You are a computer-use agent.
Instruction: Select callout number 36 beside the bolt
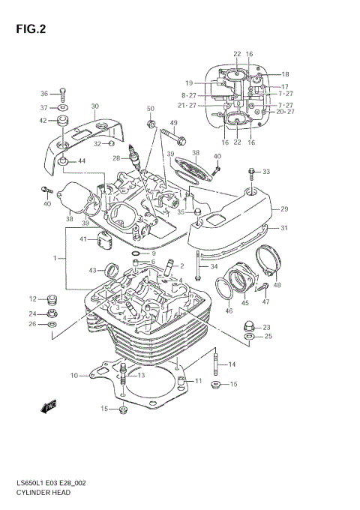click(43, 94)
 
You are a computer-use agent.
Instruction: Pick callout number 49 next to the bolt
click(173, 123)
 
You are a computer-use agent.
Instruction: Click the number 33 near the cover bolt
click(265, 172)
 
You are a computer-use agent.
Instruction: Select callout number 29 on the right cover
click(283, 209)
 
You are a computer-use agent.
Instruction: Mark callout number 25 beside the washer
click(267, 337)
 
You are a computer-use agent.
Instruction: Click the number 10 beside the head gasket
click(74, 375)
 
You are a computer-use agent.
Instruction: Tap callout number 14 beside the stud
click(232, 364)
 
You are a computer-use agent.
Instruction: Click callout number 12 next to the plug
click(32, 299)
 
